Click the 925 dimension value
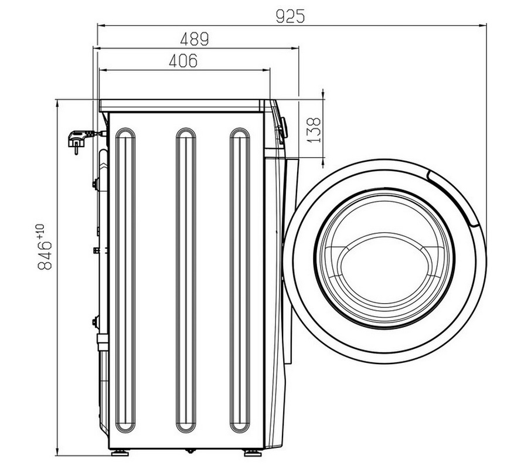(x=290, y=16)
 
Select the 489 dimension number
(x=195, y=39)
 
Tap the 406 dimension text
(x=183, y=60)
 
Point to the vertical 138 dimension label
(x=314, y=130)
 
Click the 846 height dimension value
(x=45, y=255)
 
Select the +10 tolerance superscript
(x=40, y=231)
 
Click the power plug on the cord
(x=78, y=140)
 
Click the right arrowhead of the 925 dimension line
(x=483, y=25)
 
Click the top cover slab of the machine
(x=182, y=106)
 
